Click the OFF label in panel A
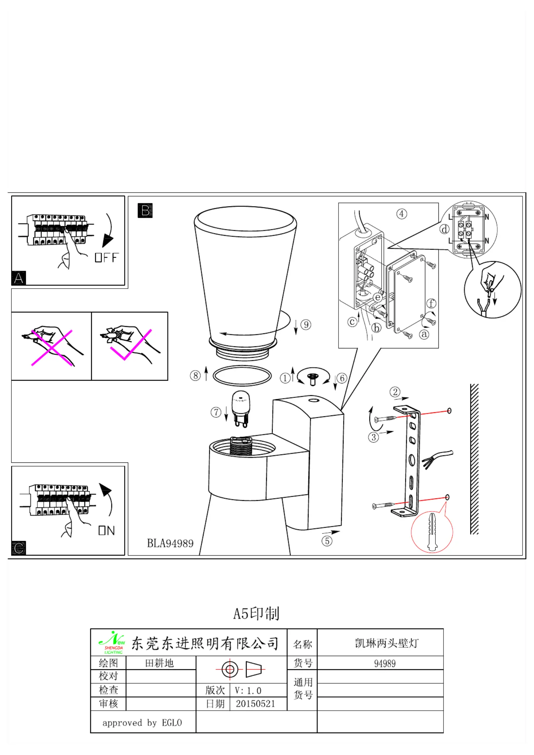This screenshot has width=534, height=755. [106, 258]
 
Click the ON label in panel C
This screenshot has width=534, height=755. [107, 530]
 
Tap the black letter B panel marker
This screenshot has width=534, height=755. [145, 211]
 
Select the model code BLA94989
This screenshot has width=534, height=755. [170, 543]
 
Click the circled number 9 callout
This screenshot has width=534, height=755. [306, 325]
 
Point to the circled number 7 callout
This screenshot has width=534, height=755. [216, 412]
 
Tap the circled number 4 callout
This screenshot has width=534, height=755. [401, 214]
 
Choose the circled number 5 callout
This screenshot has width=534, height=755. [327, 541]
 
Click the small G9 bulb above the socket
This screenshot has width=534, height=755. [241, 408]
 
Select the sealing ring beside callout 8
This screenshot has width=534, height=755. [242, 376]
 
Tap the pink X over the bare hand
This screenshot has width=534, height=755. [52, 347]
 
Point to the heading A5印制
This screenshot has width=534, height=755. [256, 613]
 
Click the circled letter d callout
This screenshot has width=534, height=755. [444, 229]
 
